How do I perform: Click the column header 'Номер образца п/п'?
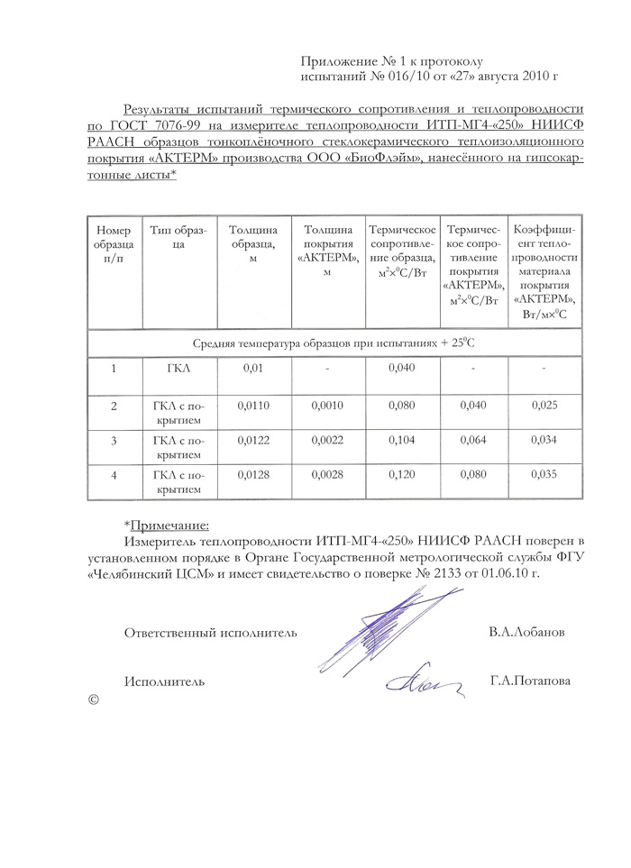click(114, 245)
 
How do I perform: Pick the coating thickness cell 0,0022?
click(327, 440)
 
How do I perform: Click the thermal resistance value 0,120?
click(401, 474)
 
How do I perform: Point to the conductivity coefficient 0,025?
click(544, 406)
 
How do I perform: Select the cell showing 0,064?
click(472, 440)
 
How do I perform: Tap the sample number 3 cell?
click(114, 440)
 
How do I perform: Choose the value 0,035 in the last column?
click(544, 474)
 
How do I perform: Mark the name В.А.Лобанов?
click(527, 632)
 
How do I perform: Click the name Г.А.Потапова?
click(530, 681)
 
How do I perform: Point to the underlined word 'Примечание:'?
click(169, 525)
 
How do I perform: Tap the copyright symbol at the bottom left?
click(93, 699)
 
